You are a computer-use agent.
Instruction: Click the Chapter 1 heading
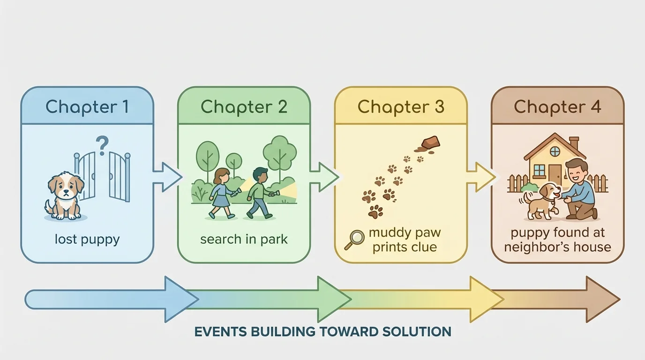pos(87,107)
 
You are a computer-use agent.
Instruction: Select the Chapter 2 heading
pos(244,107)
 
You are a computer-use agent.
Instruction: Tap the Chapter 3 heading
pos(401,107)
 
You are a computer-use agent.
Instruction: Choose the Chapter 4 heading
pos(557,107)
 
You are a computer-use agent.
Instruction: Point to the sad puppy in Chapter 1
pos(65,195)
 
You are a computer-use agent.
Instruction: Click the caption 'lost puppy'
pos(87,240)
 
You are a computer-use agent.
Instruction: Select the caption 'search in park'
pos(244,240)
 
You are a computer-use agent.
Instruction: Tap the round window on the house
pos(555,151)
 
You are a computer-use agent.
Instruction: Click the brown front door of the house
pos(555,175)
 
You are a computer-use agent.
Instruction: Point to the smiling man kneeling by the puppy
pos(580,190)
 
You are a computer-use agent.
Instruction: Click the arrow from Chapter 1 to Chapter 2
pos(166,177)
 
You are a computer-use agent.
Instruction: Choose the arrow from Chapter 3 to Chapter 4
pos(480,177)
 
